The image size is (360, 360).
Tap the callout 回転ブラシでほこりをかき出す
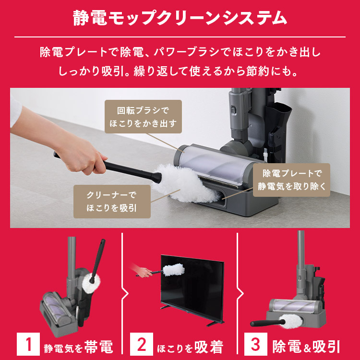click(143, 117)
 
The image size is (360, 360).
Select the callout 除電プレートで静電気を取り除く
click(291, 180)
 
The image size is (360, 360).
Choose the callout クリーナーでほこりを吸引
click(112, 202)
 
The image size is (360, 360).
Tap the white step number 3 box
click(256, 345)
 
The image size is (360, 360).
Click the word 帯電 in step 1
click(98, 346)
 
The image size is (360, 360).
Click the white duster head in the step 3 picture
click(293, 320)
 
